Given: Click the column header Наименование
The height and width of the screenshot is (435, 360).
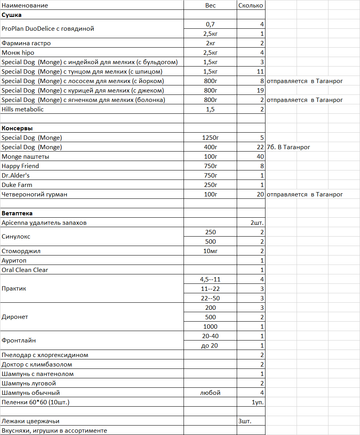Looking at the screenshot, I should pyautogui.click(x=25, y=6).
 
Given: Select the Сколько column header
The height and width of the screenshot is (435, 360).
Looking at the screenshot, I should pyautogui.click(x=251, y=6).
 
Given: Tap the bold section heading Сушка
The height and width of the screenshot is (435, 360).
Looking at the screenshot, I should pyautogui.click(x=11, y=15).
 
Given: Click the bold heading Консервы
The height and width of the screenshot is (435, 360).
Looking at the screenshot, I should pyautogui.click(x=17, y=128).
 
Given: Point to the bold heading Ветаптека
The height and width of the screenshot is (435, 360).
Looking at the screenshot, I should pyautogui.click(x=17, y=213).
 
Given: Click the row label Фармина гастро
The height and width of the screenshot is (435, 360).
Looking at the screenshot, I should pyautogui.click(x=26, y=43).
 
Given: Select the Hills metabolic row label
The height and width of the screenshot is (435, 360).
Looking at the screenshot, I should pyautogui.click(x=22, y=109).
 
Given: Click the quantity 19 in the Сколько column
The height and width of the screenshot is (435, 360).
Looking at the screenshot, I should pyautogui.click(x=260, y=91).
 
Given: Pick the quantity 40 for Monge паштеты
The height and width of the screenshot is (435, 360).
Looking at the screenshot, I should pyautogui.click(x=260, y=157).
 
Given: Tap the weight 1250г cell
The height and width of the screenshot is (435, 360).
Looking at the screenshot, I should pyautogui.click(x=210, y=138).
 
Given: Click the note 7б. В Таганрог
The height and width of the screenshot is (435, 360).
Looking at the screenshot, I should pyautogui.click(x=288, y=147).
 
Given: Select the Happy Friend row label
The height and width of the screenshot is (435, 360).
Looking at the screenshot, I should pyautogui.click(x=20, y=166).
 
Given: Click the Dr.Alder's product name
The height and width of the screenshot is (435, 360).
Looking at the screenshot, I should pyautogui.click(x=15, y=176).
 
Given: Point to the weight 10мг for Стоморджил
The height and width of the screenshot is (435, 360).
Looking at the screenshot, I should pyautogui.click(x=210, y=251).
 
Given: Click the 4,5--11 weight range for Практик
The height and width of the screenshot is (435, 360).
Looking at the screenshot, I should pyautogui.click(x=210, y=280).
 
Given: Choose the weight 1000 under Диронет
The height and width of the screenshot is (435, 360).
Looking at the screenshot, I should pyautogui.click(x=210, y=327).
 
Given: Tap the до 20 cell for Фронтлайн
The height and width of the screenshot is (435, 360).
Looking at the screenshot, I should pyautogui.click(x=210, y=346).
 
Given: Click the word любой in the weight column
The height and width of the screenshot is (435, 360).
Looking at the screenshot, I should pyautogui.click(x=210, y=393).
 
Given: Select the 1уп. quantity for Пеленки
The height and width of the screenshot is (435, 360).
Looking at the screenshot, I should pyautogui.click(x=258, y=402).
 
